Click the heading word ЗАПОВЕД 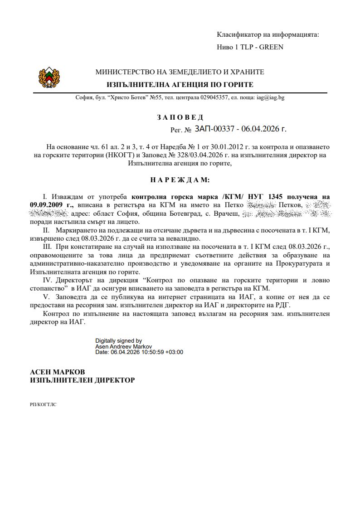(180, 117)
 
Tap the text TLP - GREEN (261, 47)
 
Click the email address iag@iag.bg (271, 97)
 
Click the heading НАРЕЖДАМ (180, 180)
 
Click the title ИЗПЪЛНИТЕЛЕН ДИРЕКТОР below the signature (82, 380)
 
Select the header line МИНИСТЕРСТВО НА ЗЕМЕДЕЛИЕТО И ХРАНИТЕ (180, 72)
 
